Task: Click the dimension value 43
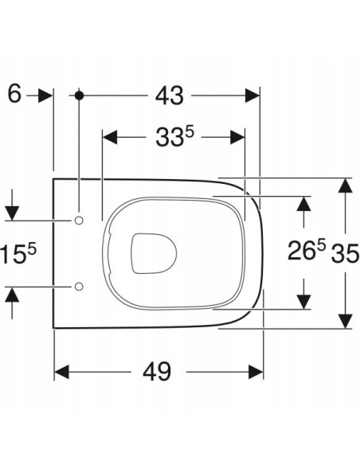(169, 95)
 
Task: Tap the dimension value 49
(159, 371)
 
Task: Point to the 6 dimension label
(14, 94)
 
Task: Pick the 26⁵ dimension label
(307, 252)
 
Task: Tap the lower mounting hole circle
(79, 286)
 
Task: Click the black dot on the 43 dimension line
(78, 95)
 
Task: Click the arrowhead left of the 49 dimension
(62, 372)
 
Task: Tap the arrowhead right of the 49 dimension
(256, 372)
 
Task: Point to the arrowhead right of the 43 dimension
(252, 95)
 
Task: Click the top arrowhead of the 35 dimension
(344, 186)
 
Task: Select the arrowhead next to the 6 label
(45, 95)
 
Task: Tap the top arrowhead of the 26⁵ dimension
(303, 204)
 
